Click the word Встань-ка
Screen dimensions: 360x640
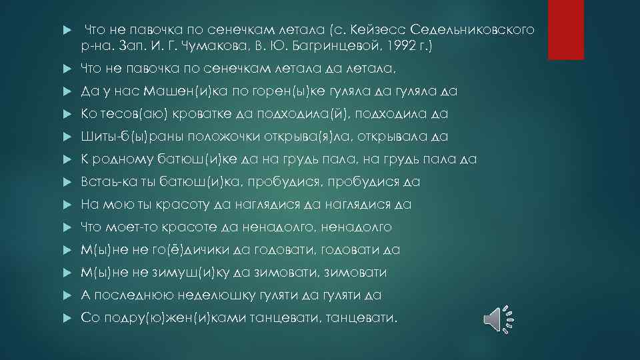pyautogui.click(x=107, y=182)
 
